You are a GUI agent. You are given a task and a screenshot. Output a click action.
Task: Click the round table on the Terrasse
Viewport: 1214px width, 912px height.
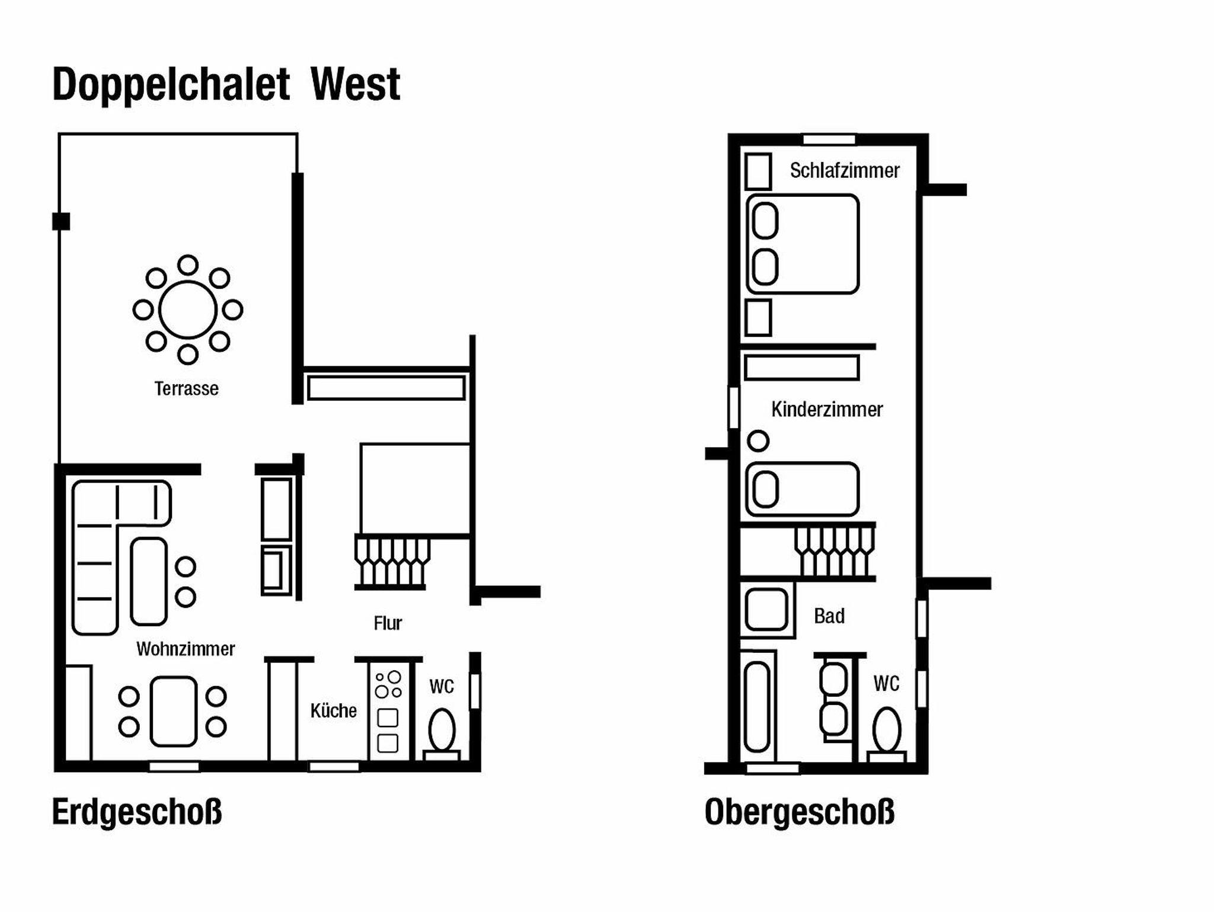point(188,310)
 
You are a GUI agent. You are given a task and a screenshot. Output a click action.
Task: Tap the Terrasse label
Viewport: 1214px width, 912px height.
point(187,389)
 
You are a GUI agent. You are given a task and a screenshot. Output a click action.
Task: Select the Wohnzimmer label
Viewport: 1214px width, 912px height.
point(186,649)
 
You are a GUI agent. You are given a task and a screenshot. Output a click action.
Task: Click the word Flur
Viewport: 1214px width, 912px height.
point(388,623)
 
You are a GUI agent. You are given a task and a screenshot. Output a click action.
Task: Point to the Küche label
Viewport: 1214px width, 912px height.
point(334,710)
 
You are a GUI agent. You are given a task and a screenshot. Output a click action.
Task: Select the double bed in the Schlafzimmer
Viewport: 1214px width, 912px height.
point(803,244)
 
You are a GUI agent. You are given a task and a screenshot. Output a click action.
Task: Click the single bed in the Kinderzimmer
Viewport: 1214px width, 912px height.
point(803,489)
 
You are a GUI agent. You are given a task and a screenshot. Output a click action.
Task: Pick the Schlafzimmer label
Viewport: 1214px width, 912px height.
point(845,171)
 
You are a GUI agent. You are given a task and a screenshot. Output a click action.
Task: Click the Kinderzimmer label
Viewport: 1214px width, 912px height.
point(827,409)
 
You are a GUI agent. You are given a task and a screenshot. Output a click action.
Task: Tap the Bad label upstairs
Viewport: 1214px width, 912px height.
point(829,616)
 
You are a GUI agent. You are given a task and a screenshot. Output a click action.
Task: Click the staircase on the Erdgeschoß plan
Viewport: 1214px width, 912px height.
point(392,561)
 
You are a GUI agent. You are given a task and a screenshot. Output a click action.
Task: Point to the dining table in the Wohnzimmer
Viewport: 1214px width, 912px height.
point(173,711)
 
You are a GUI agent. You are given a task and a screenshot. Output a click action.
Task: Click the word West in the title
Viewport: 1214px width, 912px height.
point(356,84)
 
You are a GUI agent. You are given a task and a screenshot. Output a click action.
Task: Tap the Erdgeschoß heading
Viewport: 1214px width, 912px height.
point(137,812)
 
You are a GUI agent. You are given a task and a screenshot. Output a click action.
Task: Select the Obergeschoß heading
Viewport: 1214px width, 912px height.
point(800,812)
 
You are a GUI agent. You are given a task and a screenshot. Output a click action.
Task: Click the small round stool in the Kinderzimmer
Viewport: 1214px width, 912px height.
point(758,441)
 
